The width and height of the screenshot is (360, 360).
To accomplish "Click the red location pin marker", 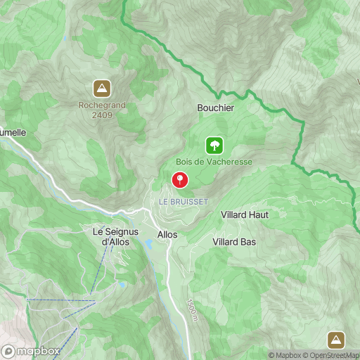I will click(180, 180).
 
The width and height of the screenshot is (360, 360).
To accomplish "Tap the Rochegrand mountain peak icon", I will click(102, 89).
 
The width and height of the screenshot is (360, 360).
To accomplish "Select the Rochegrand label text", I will click(102, 106).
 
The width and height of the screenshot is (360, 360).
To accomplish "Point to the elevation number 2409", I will click(102, 117).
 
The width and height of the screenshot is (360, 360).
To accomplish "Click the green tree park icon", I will click(214, 146).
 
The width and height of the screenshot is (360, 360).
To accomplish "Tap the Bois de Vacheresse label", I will click(214, 162).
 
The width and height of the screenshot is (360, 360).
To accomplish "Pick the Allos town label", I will click(167, 234).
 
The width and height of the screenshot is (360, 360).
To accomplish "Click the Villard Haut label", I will click(245, 214).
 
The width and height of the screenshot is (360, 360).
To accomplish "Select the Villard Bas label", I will click(234, 241).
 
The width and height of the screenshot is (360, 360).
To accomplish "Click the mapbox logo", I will click(30, 351).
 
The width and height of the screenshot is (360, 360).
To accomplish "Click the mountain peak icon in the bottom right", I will click(337, 340).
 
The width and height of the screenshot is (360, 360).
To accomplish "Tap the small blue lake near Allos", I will click(150, 245).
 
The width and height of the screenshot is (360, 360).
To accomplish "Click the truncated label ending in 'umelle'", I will click(13, 131).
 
